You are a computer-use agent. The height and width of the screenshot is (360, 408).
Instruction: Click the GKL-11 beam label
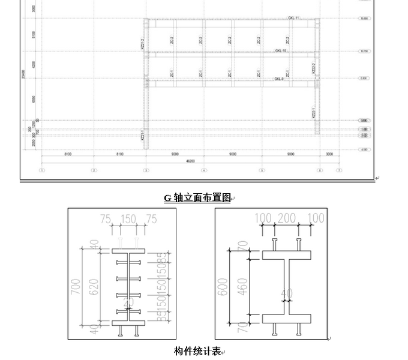pos(293,18)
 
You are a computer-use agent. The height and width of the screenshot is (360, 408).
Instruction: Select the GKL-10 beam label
pos(281,51)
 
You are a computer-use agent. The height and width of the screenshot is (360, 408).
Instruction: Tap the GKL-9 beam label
pos(280,79)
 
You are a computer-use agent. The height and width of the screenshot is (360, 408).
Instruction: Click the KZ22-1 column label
pos(313,112)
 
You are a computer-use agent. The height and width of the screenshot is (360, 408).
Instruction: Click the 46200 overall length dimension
pos(190,161)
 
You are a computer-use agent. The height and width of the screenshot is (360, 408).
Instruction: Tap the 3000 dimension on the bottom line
pos(329,154)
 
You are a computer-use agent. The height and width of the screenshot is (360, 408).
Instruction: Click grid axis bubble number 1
pos(41,170)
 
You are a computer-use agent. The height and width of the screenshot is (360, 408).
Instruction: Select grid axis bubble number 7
pos(339,170)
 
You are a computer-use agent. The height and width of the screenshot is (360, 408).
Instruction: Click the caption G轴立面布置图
pos(197,198)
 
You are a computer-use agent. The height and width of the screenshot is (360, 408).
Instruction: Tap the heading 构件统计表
pos(197,351)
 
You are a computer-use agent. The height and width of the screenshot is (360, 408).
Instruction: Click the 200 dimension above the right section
pos(287,217)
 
